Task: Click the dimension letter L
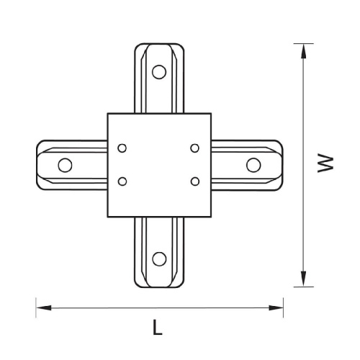pos(158,327)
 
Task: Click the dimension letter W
pos(325,164)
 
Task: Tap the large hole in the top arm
pos(159,72)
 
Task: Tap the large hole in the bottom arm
pos(159,259)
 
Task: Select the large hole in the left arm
pos(65,165)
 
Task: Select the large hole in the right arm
pos(253,165)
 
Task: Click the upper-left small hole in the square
pos(122,148)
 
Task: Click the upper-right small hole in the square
pos(195,148)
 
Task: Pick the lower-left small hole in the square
pos(122,181)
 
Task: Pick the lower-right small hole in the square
pos(195,181)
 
